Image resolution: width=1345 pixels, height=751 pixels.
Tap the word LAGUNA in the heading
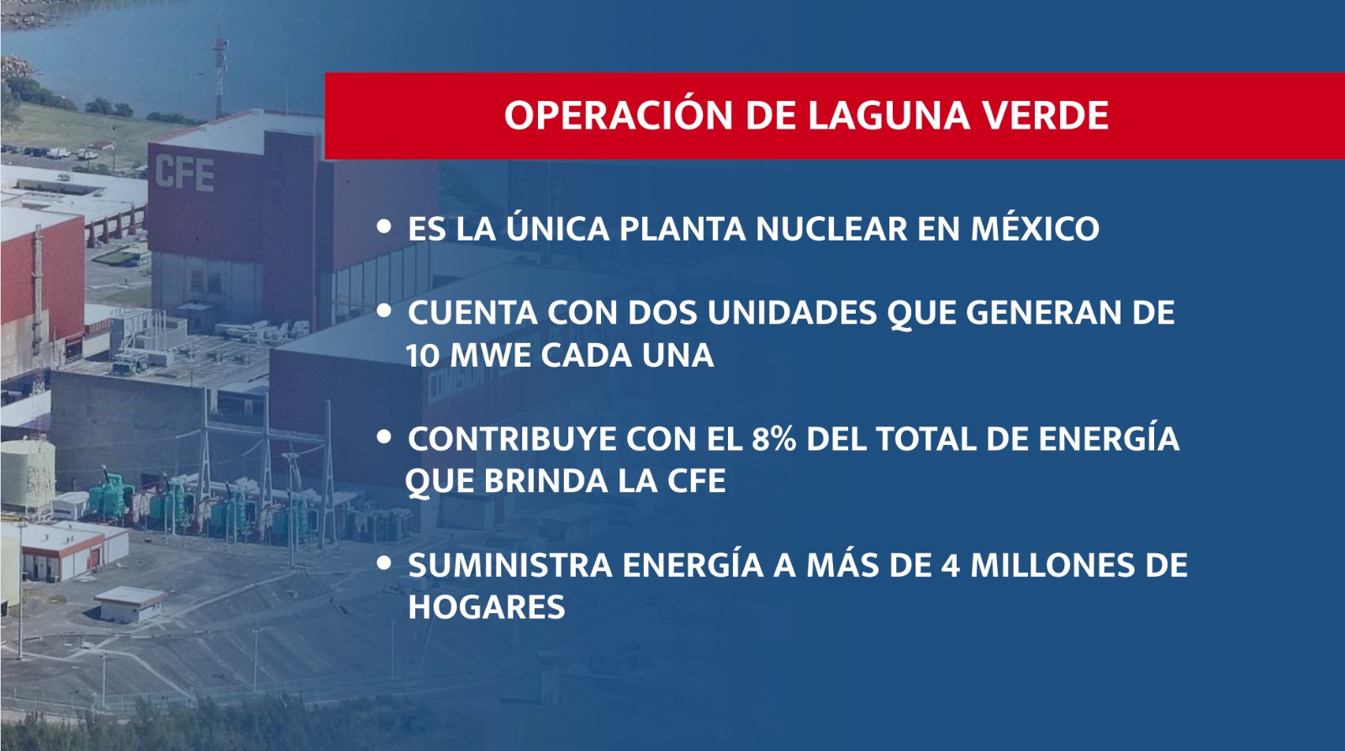tap(888, 115)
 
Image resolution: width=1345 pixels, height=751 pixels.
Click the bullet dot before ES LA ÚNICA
tap(383, 226)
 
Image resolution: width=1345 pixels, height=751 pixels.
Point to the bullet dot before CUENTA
tap(383, 310)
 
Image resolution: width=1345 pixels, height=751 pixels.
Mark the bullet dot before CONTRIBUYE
tap(383, 436)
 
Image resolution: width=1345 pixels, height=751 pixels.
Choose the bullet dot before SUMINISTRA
tap(383, 563)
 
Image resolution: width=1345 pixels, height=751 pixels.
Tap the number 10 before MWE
tap(424, 355)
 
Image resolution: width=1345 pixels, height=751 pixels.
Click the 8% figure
tap(773, 439)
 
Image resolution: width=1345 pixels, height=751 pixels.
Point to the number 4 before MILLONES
tap(950, 565)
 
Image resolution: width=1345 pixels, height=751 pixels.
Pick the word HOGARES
tap(487, 607)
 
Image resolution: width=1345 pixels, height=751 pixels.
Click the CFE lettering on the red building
tap(184, 173)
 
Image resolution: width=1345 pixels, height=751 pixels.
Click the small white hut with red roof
tap(131, 604)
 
